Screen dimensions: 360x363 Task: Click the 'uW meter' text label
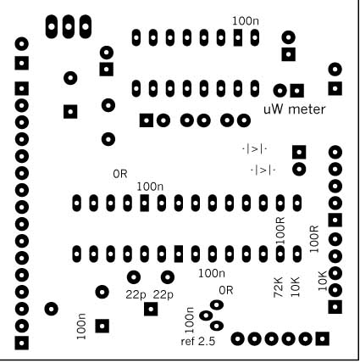coord(295,109)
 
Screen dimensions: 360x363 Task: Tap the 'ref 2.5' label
coord(198,342)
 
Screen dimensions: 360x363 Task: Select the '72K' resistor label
coord(278,288)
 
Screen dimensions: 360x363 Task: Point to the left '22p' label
coord(136,295)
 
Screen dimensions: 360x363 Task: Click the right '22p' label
coord(163,295)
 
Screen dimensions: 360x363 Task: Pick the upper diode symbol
coord(255,149)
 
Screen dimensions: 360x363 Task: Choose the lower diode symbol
coord(263,170)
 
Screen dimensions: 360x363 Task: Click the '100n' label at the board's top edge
coord(246,21)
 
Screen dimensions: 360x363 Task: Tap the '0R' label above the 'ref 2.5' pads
coord(226,290)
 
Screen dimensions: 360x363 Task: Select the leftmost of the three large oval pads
coord(52,26)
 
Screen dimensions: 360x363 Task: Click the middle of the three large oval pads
coord(69,26)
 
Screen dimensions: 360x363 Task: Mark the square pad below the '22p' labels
coord(151,309)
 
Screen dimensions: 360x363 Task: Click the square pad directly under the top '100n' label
coord(238,37)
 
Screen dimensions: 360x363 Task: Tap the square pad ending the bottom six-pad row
coord(322,338)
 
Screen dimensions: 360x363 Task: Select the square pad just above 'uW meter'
coord(297,91)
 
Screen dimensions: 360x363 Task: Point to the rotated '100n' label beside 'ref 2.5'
coord(189,320)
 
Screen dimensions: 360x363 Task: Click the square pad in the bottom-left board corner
coord(22,343)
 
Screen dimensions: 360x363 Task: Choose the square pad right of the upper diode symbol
coord(299,153)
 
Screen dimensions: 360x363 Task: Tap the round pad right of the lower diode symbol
coord(299,170)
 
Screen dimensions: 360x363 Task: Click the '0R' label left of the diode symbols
coord(120,174)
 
